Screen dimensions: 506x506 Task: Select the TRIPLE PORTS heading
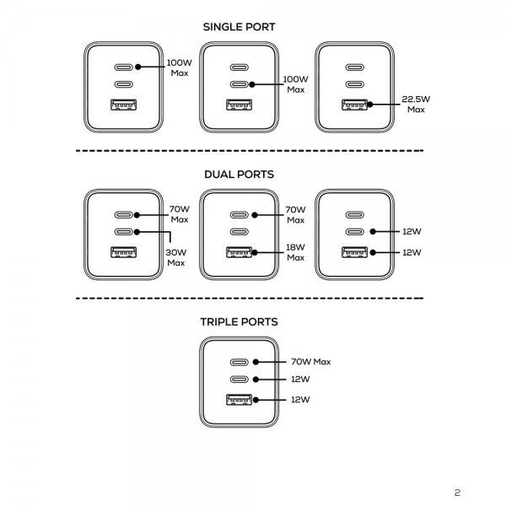240,321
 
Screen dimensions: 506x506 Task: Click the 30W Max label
175,256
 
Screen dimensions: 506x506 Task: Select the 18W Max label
295,252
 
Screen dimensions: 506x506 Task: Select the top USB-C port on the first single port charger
122,67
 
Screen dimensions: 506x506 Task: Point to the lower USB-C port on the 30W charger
122,231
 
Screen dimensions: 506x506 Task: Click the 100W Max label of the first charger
178,67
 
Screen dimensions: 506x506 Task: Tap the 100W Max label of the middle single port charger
295,84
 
